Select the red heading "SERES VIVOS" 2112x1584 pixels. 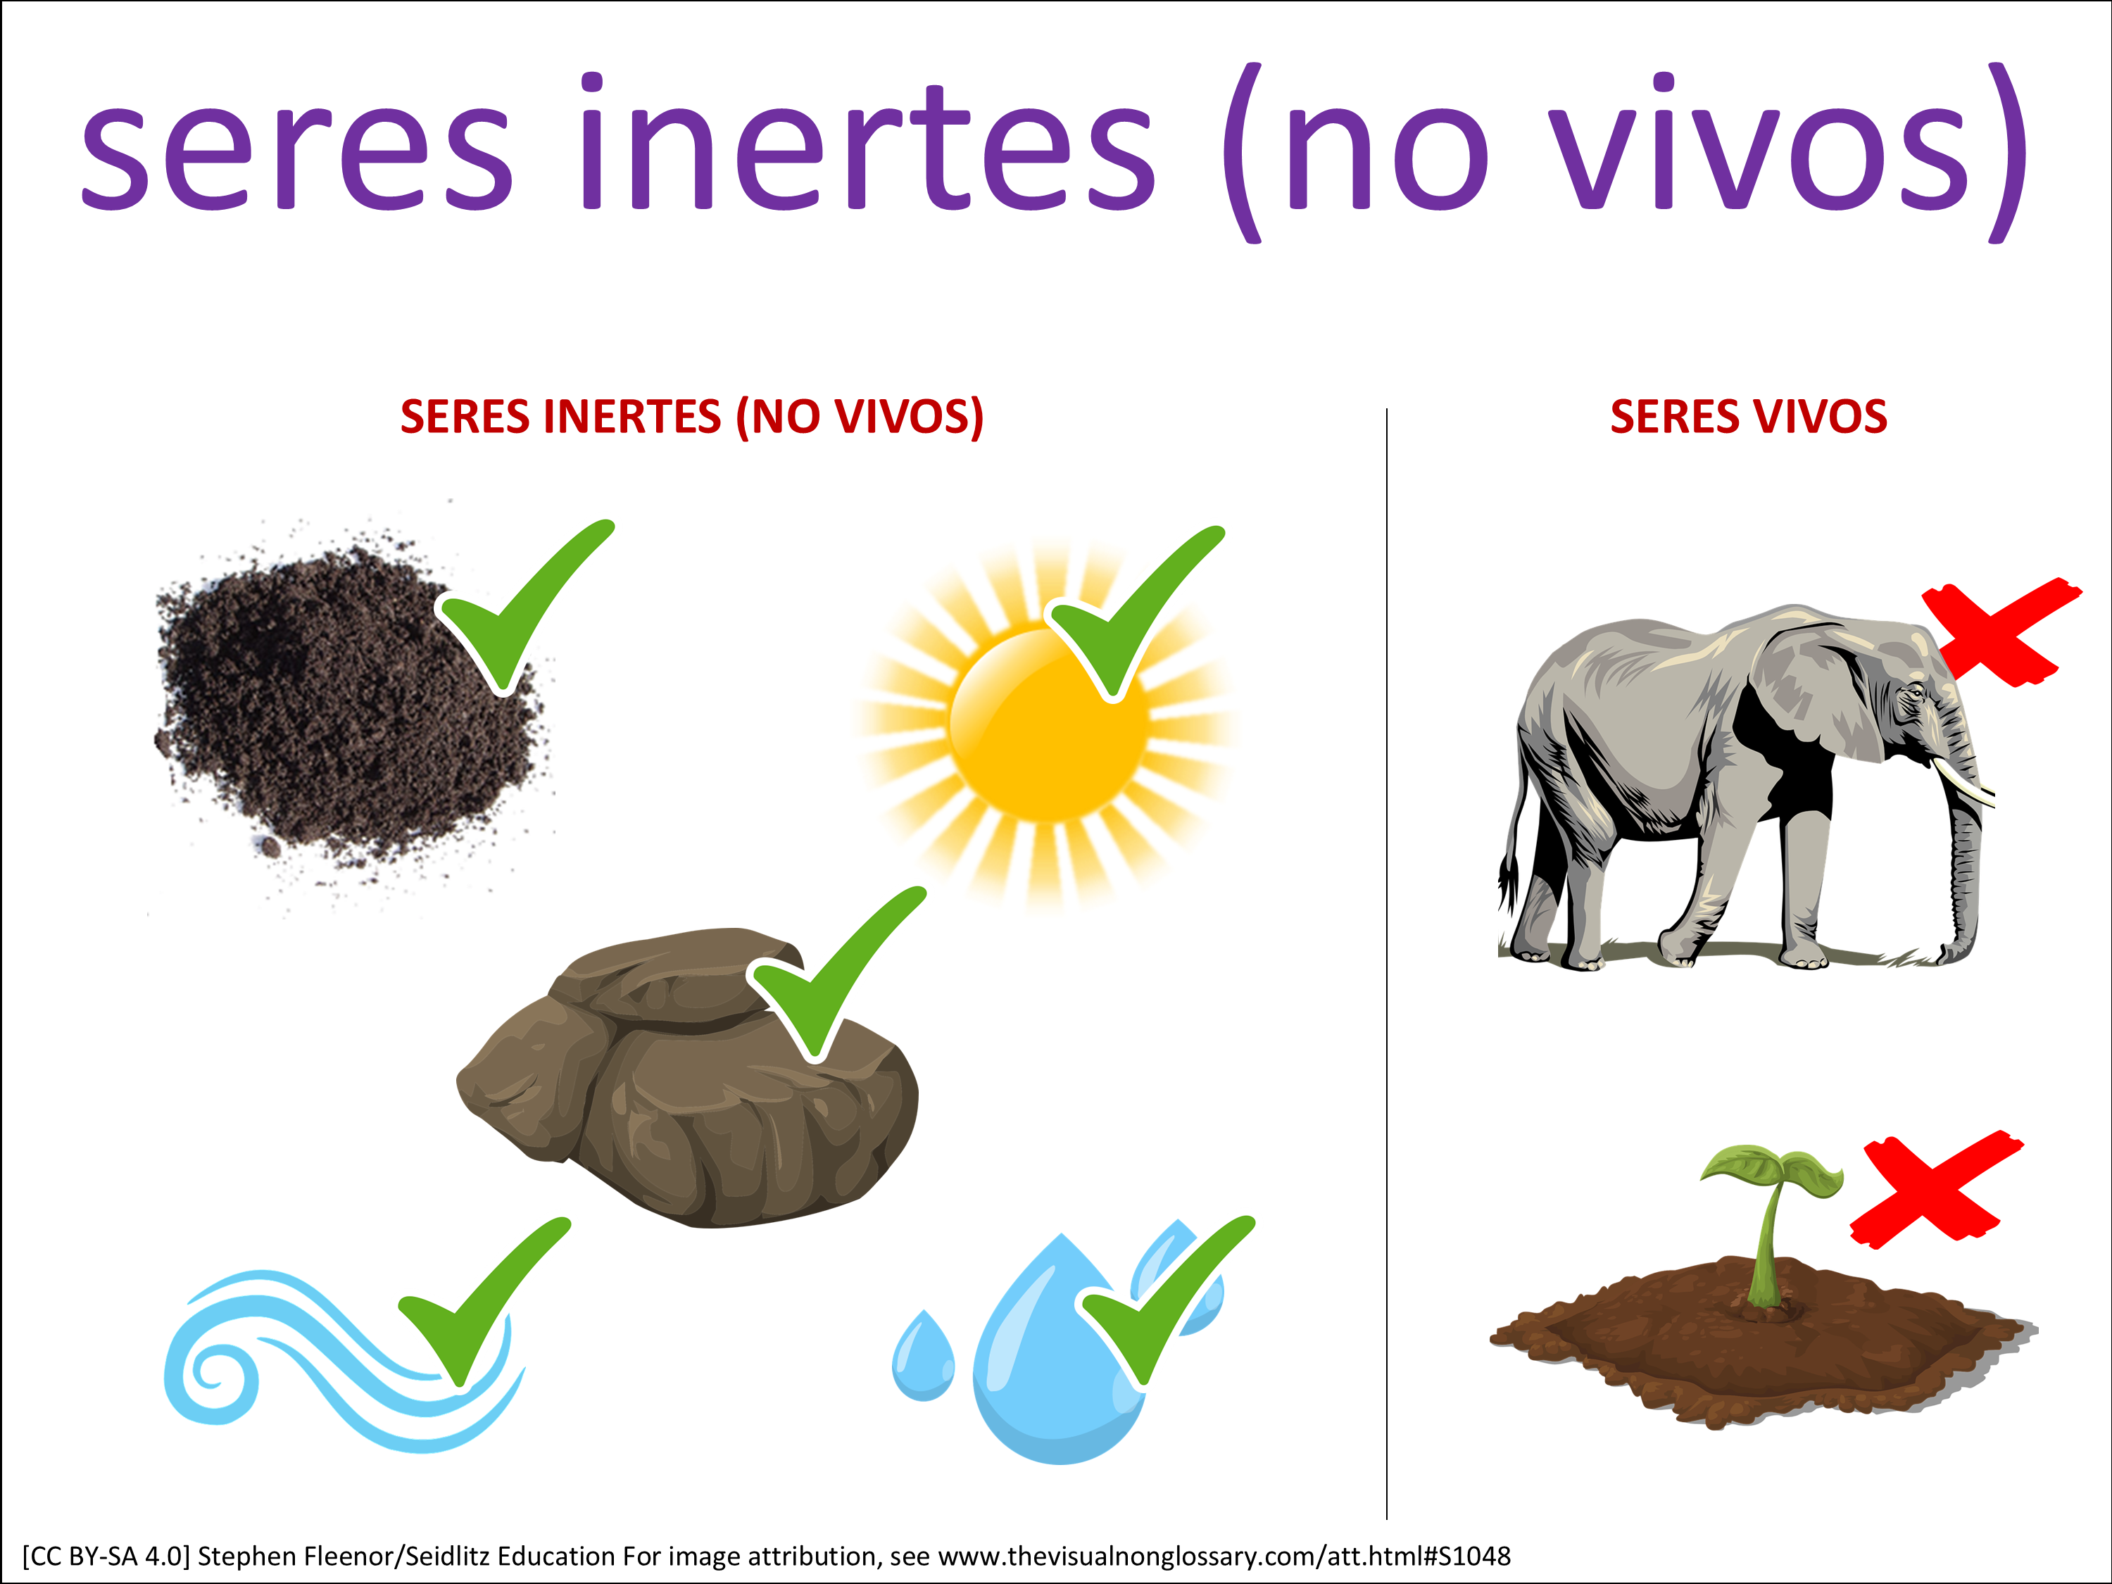(1748, 417)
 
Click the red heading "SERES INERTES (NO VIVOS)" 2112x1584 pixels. (691, 417)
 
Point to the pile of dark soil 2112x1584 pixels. (348, 707)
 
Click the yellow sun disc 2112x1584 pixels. (1048, 724)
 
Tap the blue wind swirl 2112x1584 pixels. (344, 1361)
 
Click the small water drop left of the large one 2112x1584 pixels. (922, 1356)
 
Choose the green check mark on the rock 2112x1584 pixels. (836, 974)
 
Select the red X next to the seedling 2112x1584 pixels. (1936, 1190)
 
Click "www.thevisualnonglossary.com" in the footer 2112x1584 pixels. (1129, 1557)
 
